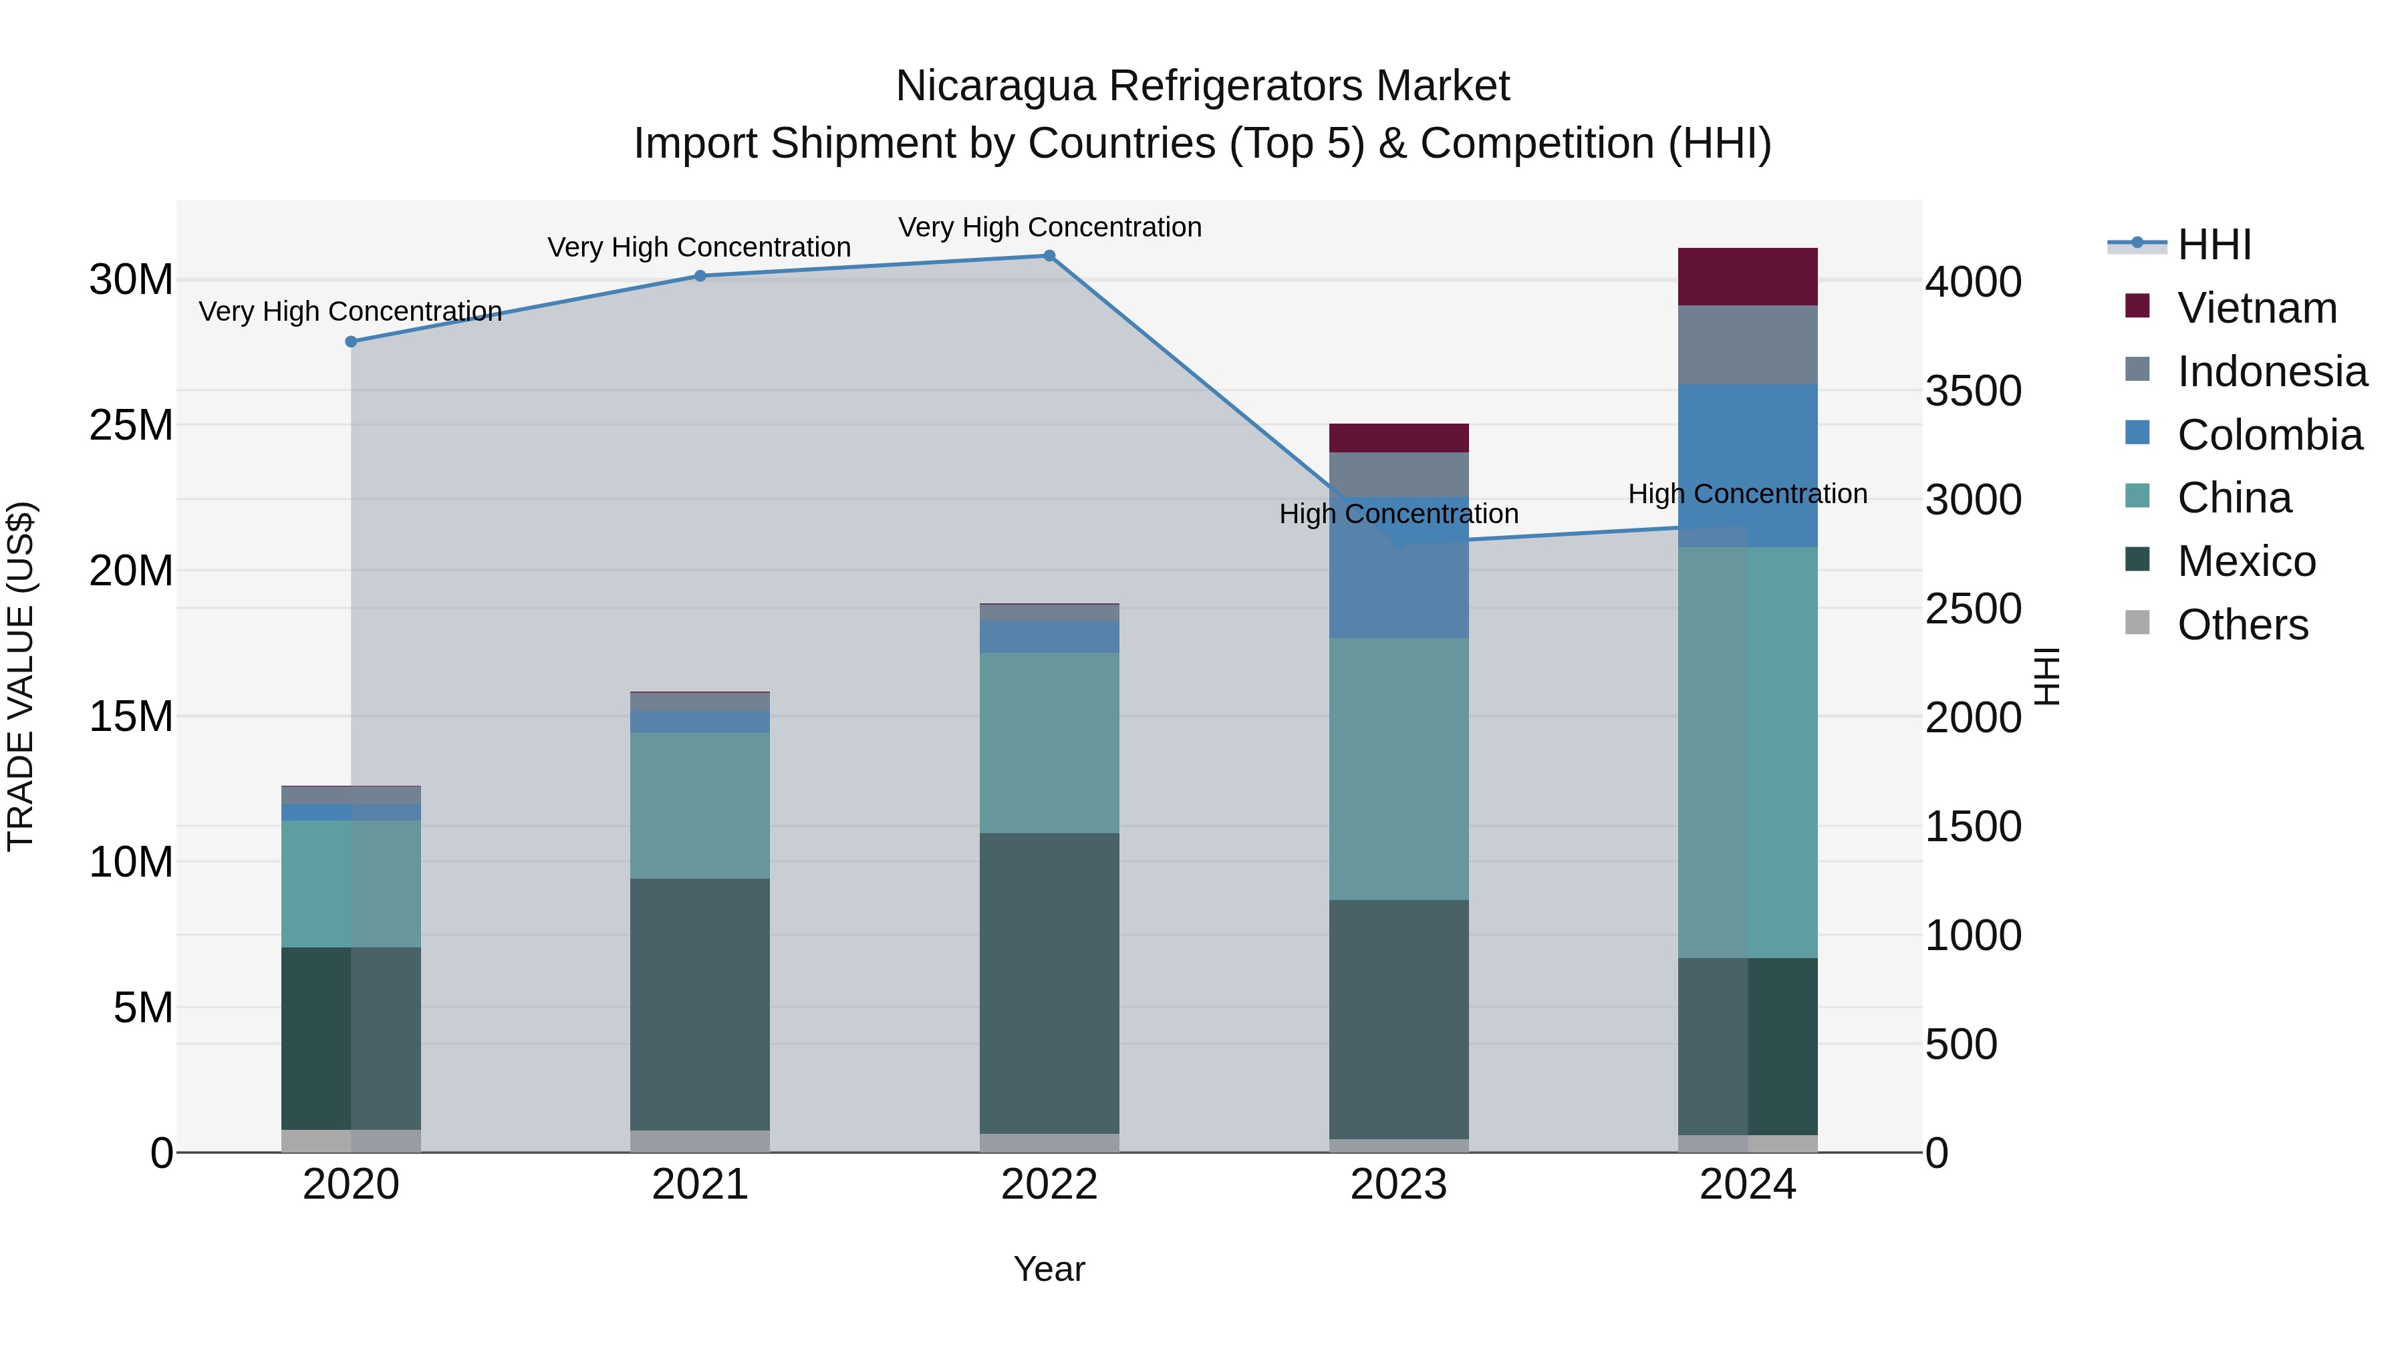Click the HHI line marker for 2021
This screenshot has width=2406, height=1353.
pos(700,275)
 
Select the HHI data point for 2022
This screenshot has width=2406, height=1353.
pos(1049,256)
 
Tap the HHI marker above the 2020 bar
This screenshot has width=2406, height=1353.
pos(351,341)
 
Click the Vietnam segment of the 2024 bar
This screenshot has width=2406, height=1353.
pos(1748,277)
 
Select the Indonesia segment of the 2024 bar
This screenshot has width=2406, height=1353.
pos(1748,345)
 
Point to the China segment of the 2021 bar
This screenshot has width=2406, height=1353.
pos(700,805)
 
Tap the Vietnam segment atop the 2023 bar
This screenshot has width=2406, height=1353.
pos(1398,438)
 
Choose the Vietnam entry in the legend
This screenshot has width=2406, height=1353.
pos(2256,308)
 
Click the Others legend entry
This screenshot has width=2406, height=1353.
pos(2242,625)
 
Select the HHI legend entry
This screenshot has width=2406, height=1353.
pos(2214,245)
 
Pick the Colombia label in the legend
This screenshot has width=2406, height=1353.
pos(2270,435)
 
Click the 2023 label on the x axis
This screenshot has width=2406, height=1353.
pos(1398,1185)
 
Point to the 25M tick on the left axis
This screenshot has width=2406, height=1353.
pos(131,426)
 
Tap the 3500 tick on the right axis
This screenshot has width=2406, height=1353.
pos(1973,392)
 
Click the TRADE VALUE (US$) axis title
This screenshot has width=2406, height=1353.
pos(21,676)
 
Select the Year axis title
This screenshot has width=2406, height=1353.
pos(1049,1269)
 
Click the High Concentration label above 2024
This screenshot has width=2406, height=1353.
pos(1748,494)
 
